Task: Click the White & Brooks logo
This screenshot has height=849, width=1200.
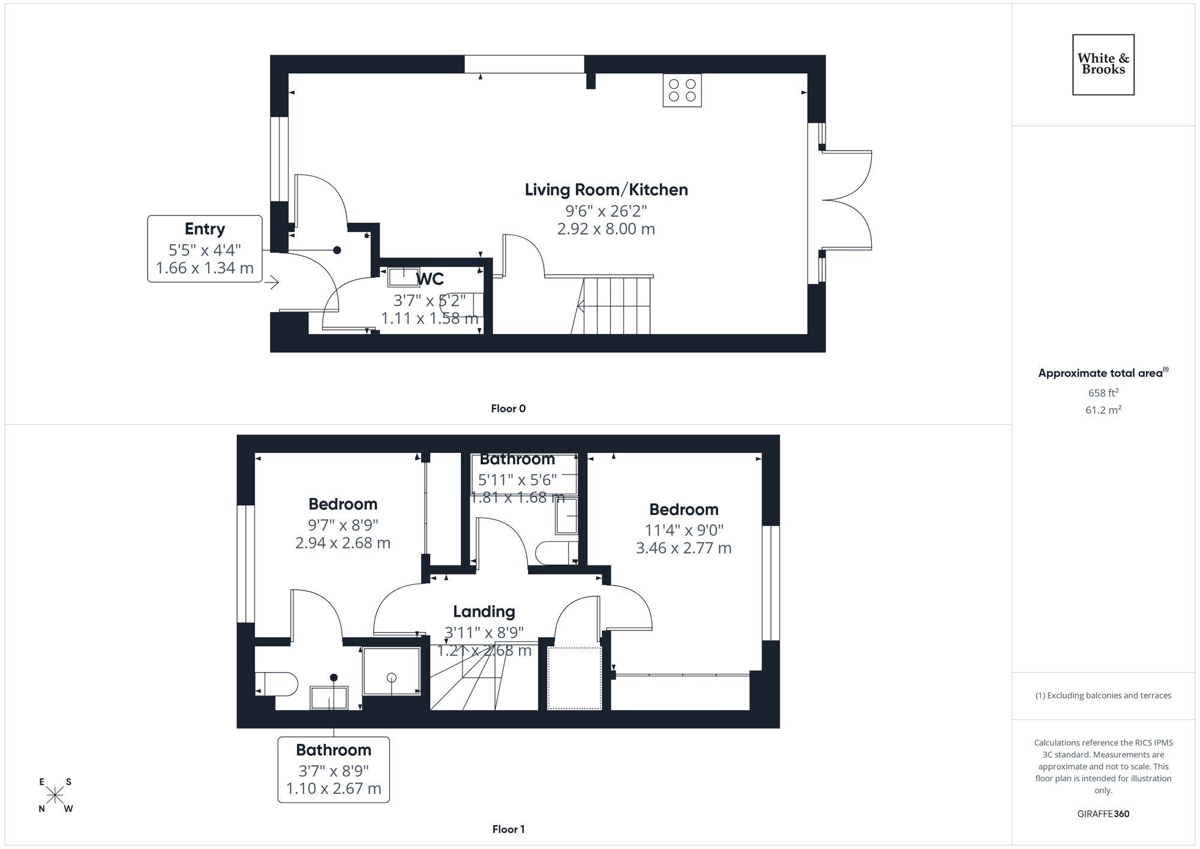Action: click(x=1103, y=64)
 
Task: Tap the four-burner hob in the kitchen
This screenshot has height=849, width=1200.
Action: click(x=682, y=91)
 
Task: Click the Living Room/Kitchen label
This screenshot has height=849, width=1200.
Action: click(x=606, y=190)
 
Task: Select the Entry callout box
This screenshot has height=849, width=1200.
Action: click(x=205, y=248)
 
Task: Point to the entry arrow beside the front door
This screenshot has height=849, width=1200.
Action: click(x=273, y=282)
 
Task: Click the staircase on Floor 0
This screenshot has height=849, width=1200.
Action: click(x=612, y=305)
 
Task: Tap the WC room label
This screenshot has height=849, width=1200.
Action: click(x=430, y=279)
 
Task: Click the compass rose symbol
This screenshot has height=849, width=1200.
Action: click(x=55, y=796)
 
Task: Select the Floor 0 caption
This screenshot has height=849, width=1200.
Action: click(x=508, y=409)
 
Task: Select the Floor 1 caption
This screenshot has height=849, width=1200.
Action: click(x=508, y=829)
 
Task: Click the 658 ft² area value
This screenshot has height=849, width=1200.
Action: click(x=1103, y=393)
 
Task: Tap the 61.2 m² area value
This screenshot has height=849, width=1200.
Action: click(x=1103, y=410)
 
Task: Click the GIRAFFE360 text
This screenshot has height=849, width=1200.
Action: click(x=1103, y=814)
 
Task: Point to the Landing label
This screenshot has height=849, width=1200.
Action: click(x=484, y=611)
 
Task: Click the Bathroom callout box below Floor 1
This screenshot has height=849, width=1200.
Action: click(x=334, y=769)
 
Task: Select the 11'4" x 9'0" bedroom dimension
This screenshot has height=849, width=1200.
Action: click(x=684, y=530)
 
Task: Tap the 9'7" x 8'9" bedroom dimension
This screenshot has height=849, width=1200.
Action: click(x=343, y=525)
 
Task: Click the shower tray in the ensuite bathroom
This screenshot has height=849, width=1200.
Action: click(x=391, y=671)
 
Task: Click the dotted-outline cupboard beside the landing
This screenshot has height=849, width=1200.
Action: click(x=575, y=678)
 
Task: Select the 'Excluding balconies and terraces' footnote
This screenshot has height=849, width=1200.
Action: click(x=1103, y=695)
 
